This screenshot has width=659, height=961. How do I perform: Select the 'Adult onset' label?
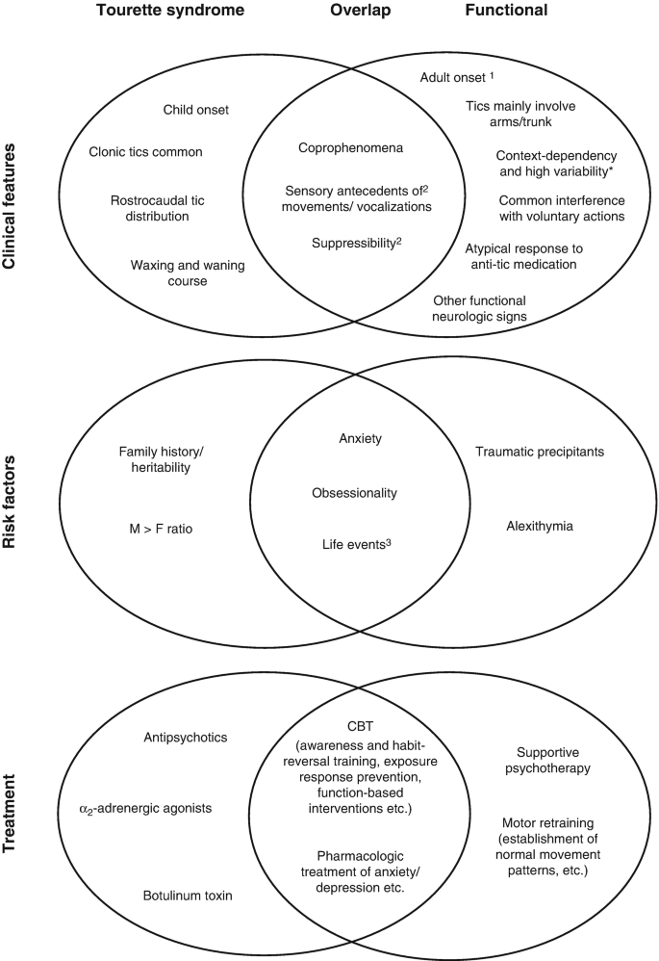point(457,76)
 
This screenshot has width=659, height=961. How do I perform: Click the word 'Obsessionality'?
point(355,493)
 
